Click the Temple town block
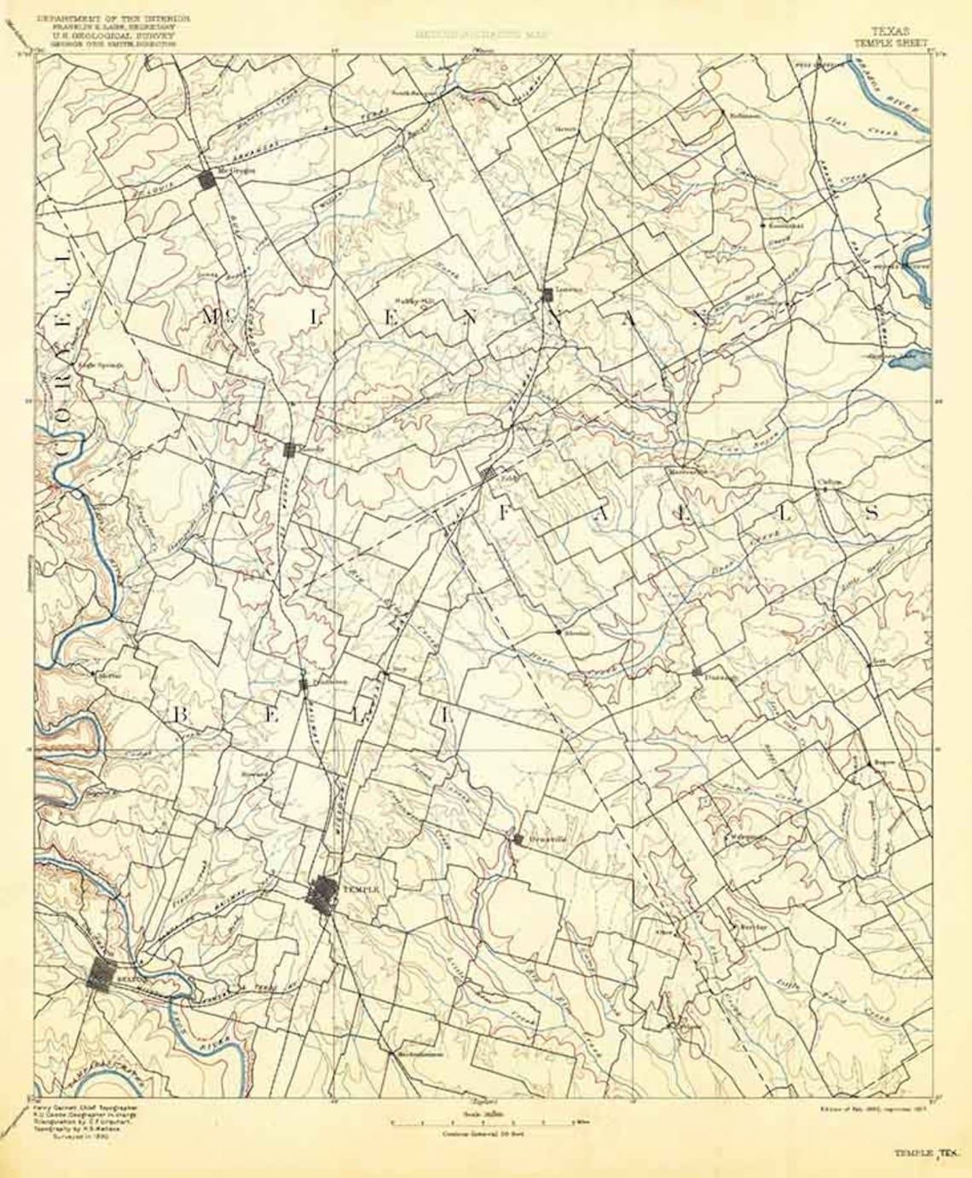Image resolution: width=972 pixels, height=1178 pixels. pyautogui.click(x=322, y=893)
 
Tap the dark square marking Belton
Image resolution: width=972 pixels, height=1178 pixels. pyautogui.click(x=102, y=973)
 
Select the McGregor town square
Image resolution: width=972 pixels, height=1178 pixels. pyautogui.click(x=206, y=180)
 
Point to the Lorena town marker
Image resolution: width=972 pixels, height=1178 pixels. pyautogui.click(x=548, y=294)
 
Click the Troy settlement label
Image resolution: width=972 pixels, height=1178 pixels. pyautogui.click(x=385, y=671)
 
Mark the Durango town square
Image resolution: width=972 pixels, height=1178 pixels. pyautogui.click(x=697, y=671)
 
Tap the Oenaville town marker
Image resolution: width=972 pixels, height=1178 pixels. pyautogui.click(x=518, y=839)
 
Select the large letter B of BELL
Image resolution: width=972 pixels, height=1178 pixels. pyautogui.click(x=181, y=716)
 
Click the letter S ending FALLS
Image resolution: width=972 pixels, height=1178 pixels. pyautogui.click(x=871, y=512)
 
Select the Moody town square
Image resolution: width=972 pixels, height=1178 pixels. pyautogui.click(x=290, y=450)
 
